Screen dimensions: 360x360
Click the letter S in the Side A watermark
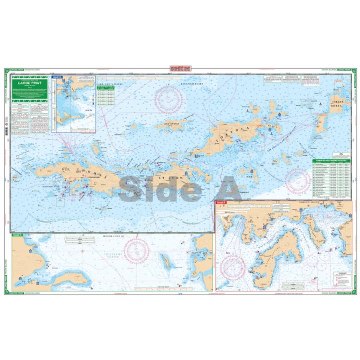point(130,186)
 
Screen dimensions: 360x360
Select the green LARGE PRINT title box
point(30,83)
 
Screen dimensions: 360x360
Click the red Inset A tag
point(220,203)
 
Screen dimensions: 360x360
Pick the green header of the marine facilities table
point(331,161)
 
